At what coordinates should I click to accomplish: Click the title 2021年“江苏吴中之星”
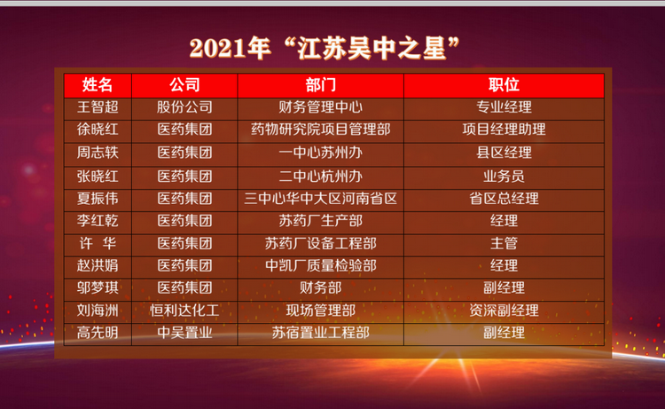[325, 48]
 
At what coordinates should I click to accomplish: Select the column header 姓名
[98, 85]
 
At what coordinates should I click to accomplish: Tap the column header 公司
[184, 85]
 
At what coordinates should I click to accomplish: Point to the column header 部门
[321, 85]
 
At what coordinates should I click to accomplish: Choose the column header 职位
[504, 85]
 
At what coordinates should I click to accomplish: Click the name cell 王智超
[98, 107]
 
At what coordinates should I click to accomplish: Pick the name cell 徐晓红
[98, 130]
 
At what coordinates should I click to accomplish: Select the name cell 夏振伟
[98, 199]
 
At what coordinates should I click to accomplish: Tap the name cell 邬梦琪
[98, 288]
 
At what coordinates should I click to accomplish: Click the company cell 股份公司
[184, 107]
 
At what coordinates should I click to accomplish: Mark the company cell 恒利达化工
[184, 311]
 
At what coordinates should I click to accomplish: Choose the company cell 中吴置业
[184, 333]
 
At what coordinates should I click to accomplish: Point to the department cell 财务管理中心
[321, 107]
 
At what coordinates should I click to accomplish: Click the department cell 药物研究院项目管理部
[321, 130]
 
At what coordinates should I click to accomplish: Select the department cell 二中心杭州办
[321, 176]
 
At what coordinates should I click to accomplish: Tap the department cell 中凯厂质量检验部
[321, 265]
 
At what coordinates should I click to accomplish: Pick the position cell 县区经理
[504, 153]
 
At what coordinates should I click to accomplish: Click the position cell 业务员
[504, 176]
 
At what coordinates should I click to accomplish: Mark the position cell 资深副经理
[504, 311]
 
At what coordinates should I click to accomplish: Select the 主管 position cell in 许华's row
[504, 243]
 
